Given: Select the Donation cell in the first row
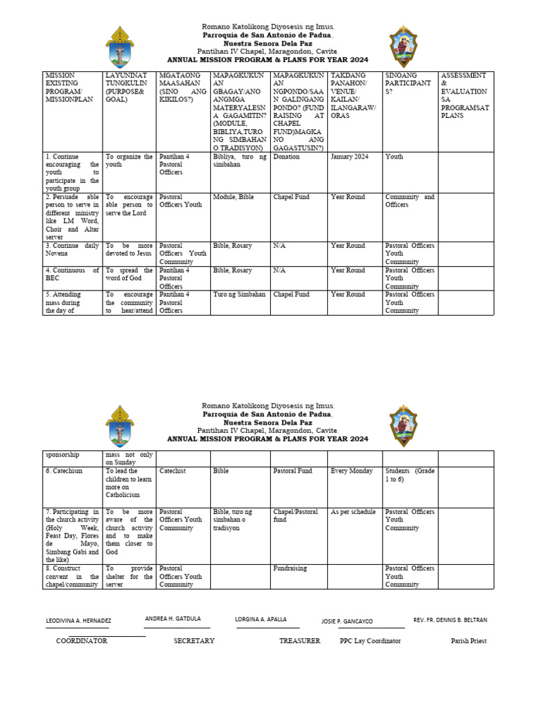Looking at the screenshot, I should tap(286, 157).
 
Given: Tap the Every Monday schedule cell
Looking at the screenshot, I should tap(352, 471).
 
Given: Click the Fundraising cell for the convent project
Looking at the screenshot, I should tap(290, 568).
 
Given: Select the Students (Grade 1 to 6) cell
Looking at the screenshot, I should tap(410, 476).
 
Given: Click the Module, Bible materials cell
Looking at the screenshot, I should tap(234, 197).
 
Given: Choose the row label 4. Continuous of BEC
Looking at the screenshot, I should tap(72, 274).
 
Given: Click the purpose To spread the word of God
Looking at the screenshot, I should tap(129, 274).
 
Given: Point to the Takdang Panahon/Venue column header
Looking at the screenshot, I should tap(354, 95).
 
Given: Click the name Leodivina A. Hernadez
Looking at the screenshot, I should tap(78, 621).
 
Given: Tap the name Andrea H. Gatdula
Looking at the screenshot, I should tap(172, 619).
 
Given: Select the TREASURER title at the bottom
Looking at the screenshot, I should tap(299, 641).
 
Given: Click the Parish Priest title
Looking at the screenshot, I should tap(468, 641).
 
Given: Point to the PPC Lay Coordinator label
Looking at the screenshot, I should tap(370, 641).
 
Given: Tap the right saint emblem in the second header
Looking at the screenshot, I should tap(403, 426).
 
